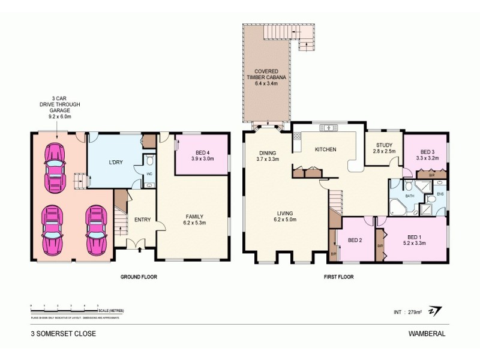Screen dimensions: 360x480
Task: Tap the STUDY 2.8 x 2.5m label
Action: coord(383,148)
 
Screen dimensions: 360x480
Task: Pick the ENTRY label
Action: coord(142,220)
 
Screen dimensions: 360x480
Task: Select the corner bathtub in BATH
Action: coord(398,205)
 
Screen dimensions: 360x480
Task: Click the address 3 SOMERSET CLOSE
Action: coord(63,333)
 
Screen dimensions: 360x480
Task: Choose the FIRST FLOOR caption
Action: coord(339,277)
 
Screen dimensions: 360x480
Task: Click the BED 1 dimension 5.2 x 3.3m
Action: coord(414,243)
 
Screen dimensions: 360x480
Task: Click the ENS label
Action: coord(440,194)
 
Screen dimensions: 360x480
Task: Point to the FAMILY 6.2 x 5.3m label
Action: coord(194,220)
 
